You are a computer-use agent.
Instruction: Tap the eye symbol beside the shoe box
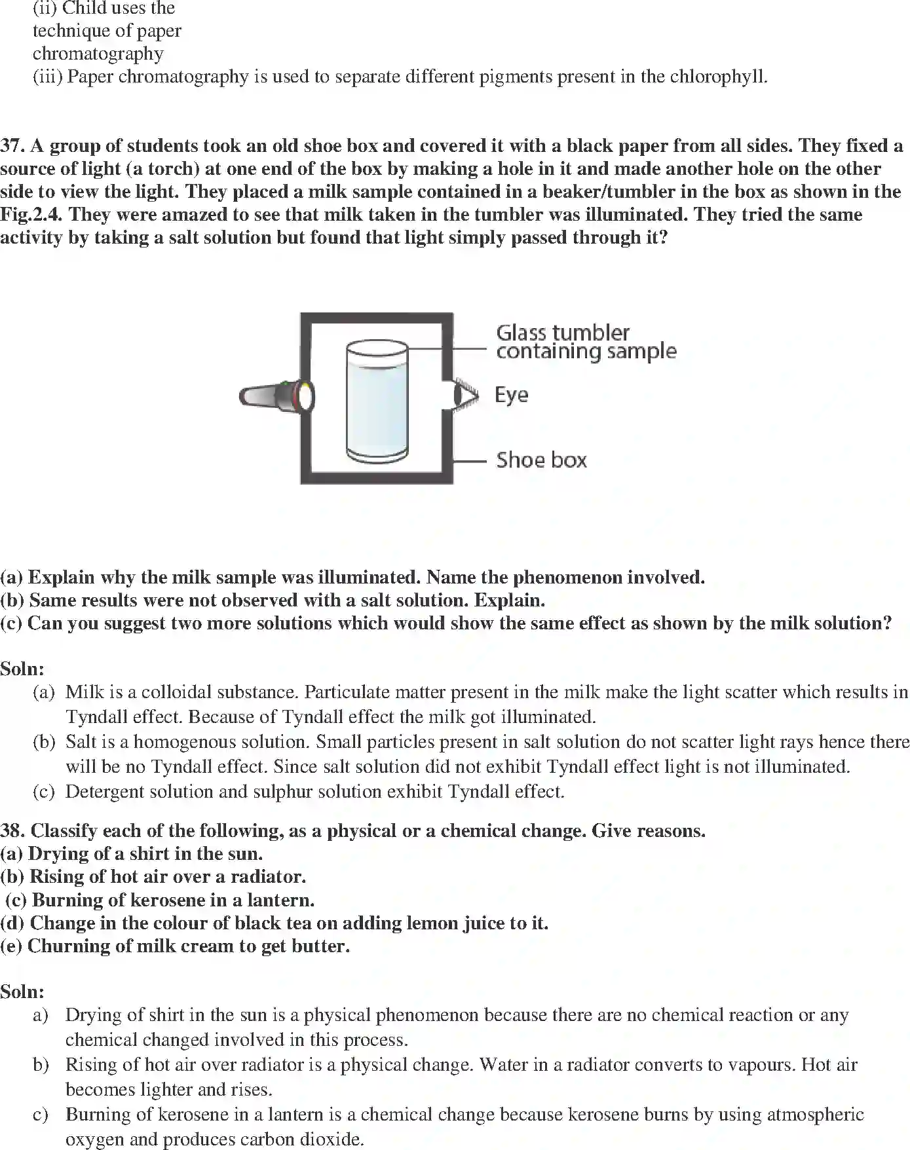point(466,395)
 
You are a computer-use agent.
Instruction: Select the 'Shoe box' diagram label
point(541,460)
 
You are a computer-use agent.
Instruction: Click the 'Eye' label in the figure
point(511,395)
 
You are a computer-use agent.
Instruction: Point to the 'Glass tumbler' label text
point(563,333)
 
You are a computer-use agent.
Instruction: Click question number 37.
point(12,145)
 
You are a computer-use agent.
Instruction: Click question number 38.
point(12,831)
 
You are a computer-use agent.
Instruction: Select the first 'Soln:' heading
point(22,669)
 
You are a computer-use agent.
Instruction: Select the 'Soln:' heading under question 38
point(22,992)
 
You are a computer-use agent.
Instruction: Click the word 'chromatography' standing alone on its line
point(98,54)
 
